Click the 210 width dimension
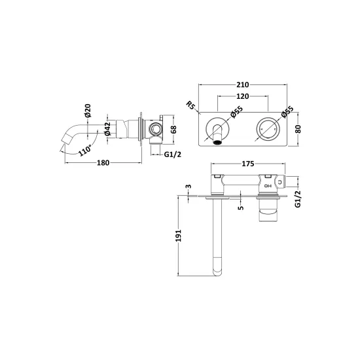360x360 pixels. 243,84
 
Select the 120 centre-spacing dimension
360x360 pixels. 243,96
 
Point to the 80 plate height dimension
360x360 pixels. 298,129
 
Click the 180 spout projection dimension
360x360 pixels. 103,163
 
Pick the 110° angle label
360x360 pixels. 85,151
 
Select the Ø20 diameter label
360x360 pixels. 88,111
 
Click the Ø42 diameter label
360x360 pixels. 107,128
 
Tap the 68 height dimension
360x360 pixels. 174,129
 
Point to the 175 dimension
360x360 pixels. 248,164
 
